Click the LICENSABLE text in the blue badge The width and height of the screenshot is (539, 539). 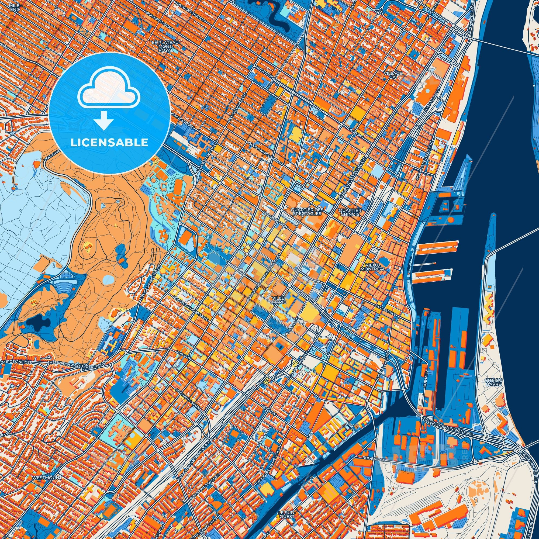tap(109, 143)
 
